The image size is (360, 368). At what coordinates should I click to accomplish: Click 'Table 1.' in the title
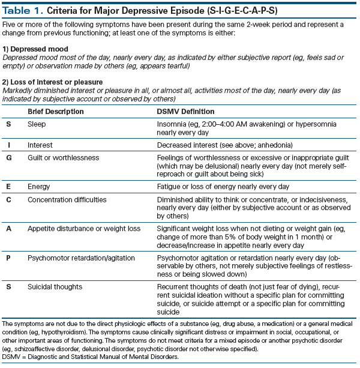[25, 10]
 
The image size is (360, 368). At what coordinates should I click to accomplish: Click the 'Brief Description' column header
[56, 112]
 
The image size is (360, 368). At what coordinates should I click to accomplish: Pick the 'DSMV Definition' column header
[185, 112]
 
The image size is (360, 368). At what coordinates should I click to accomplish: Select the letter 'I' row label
[9, 145]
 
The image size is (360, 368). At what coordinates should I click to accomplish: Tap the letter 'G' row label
[9, 157]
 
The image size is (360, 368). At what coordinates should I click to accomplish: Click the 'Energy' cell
[39, 187]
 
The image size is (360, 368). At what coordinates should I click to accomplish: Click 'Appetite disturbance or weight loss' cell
[84, 229]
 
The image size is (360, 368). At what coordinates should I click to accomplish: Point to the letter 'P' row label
[9, 259]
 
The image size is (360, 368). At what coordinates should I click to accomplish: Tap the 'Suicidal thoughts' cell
[56, 289]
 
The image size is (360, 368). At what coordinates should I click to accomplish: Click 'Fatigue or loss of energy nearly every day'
[223, 187]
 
